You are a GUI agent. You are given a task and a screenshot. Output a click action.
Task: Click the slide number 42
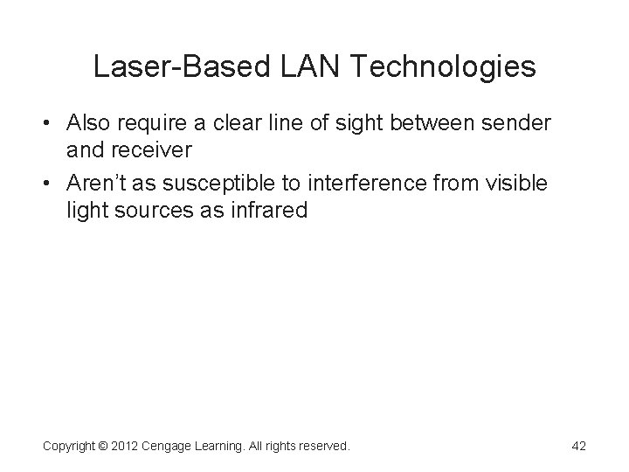577,447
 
